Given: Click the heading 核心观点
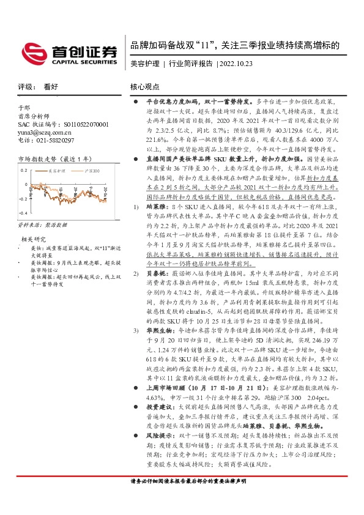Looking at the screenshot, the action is click(x=145, y=87).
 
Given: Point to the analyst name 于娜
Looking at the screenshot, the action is click(x=24, y=107).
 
